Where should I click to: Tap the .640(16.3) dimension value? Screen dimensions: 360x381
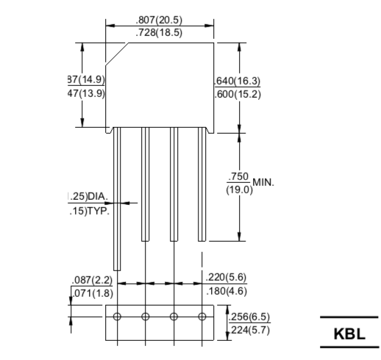pos(237,81)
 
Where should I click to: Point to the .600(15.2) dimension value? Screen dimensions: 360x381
pos(237,94)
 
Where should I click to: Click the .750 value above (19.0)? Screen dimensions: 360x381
pos(239,176)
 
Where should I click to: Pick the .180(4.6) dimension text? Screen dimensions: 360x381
pos(226,292)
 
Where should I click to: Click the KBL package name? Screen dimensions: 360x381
pos(349,333)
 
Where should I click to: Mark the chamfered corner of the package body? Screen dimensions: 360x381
pos(118,53)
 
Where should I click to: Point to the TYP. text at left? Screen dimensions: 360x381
pos(95,212)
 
